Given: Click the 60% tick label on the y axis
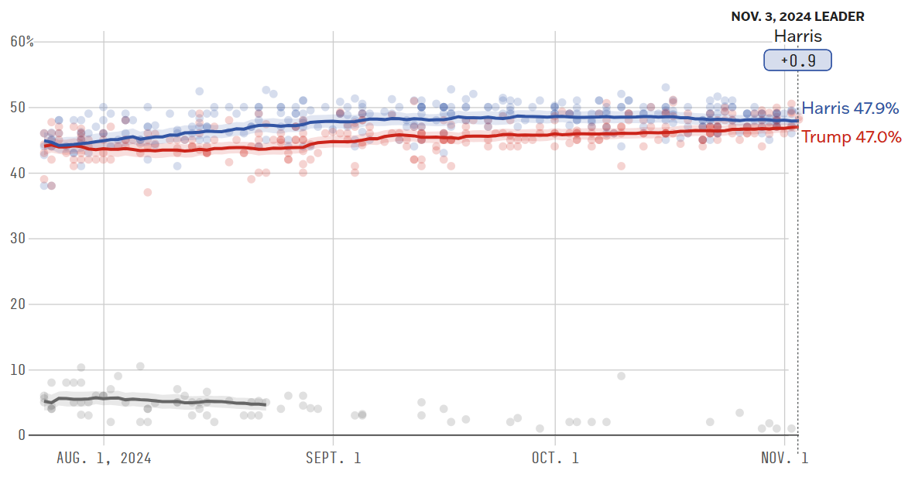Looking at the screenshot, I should pyautogui.click(x=22, y=41).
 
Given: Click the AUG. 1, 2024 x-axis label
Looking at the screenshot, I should pyautogui.click(x=104, y=458).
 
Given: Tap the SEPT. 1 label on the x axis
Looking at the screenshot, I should pyautogui.click(x=334, y=458).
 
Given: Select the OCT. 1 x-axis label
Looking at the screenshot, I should pyautogui.click(x=556, y=458).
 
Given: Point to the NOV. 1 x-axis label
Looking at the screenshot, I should pyautogui.click(x=784, y=458).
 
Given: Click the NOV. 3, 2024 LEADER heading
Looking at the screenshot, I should pyautogui.click(x=798, y=16).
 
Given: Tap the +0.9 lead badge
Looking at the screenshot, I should pyautogui.click(x=797, y=60).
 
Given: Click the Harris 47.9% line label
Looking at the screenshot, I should pyautogui.click(x=850, y=108).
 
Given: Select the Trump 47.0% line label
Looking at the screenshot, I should pyautogui.click(x=851, y=137).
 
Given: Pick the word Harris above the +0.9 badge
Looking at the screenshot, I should pyautogui.click(x=797, y=36).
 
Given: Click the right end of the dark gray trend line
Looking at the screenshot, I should pyautogui.click(x=266, y=404).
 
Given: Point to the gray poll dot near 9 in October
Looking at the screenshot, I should pyautogui.click(x=621, y=376).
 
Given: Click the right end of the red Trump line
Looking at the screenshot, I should pyautogui.click(x=797, y=127).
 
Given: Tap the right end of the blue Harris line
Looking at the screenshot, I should pyautogui.click(x=797, y=121).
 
